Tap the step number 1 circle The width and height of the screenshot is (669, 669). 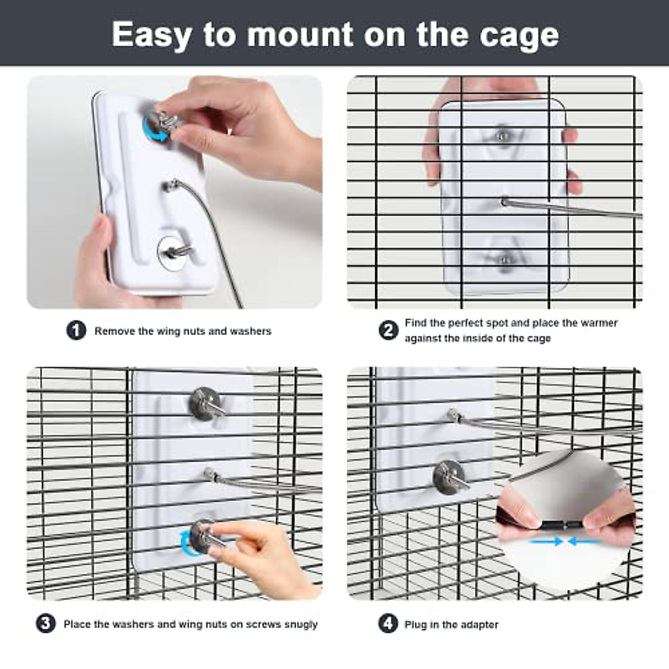76,331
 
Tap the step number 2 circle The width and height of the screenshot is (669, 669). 389,330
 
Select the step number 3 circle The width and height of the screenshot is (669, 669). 46,623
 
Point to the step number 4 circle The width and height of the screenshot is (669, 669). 389,623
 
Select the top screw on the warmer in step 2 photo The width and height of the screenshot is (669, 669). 503,134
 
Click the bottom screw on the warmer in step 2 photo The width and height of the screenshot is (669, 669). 505,259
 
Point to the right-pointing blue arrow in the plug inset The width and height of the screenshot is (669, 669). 546,541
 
